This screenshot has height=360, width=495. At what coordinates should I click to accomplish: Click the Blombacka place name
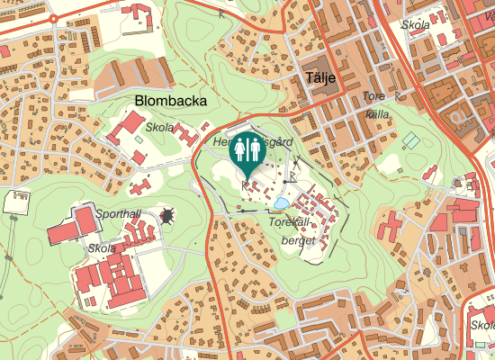171,100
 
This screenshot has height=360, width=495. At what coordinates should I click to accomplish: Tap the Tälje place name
320,78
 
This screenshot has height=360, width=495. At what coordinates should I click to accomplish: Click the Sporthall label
118,215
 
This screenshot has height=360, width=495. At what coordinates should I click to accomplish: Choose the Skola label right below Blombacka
160,128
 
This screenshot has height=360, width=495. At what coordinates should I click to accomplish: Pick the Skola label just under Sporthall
101,247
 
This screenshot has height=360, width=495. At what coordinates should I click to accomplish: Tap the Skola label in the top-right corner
416,24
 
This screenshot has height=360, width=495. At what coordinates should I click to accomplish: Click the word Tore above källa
373,96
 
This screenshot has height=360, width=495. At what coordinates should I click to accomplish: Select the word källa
378,114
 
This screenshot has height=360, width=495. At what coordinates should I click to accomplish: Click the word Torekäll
289,221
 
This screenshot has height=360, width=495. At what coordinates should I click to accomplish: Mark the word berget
298,240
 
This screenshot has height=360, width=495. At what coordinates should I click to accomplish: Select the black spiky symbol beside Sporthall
167,215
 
